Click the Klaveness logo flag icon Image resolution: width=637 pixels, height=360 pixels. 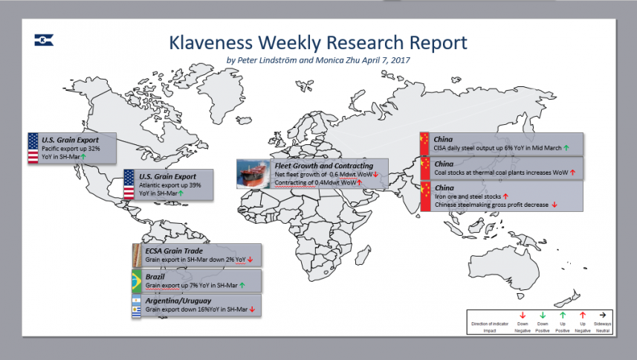pyautogui.click(x=44, y=40)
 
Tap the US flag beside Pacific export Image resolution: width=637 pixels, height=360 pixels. pyautogui.click(x=33, y=148)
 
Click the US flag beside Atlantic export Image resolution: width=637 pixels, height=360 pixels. pyautogui.click(x=129, y=184)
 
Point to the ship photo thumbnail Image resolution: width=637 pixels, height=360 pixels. pyautogui.click(x=253, y=174)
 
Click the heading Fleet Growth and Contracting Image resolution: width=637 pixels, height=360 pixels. pyautogui.click(x=324, y=166)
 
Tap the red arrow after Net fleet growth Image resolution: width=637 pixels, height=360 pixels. pyautogui.click(x=376, y=174)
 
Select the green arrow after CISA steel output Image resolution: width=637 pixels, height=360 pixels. pyautogui.click(x=566, y=148)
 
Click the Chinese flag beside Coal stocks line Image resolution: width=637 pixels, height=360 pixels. pyautogui.click(x=425, y=168)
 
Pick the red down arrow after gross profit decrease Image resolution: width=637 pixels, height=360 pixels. pyautogui.click(x=554, y=205)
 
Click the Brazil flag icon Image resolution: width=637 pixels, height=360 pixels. pyautogui.click(x=137, y=280)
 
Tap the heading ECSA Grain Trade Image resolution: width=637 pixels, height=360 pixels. pyautogui.click(x=174, y=251)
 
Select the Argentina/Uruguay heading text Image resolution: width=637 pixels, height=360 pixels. pyautogui.click(x=178, y=300)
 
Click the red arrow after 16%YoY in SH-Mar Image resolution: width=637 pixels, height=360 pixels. pyautogui.click(x=252, y=309)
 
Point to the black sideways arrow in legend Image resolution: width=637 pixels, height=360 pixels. pyautogui.click(x=603, y=315)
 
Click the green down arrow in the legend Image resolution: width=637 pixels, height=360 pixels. pyautogui.click(x=543, y=315)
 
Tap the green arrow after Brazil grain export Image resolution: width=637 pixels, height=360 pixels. pyautogui.click(x=242, y=285)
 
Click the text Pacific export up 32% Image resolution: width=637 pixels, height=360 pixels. pyautogui.click(x=71, y=148)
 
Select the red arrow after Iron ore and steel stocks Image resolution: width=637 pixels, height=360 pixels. pyautogui.click(x=505, y=196)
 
